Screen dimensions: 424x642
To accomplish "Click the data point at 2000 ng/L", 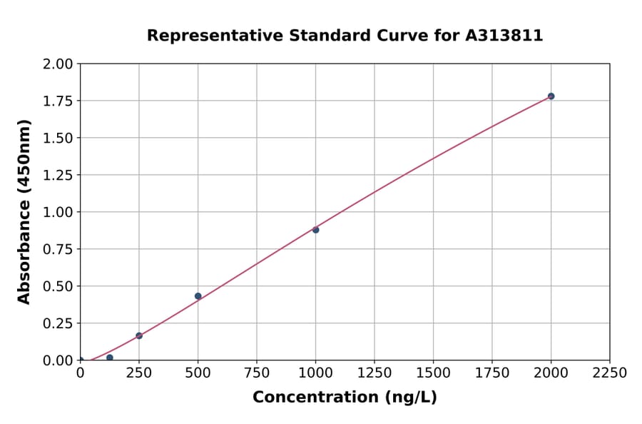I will [x=551, y=96].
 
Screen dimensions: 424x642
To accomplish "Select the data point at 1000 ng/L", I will [x=315, y=230].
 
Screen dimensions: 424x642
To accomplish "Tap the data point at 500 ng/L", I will [x=198, y=296].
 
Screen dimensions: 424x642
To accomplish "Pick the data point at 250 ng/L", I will [x=139, y=335].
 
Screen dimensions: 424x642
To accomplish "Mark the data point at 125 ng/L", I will [x=109, y=358].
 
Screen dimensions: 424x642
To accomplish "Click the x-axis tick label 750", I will [x=257, y=373].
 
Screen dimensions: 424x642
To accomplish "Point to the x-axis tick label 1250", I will [x=374, y=373].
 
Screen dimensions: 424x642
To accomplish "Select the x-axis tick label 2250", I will [x=610, y=373].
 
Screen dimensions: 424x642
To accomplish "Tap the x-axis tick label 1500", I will [x=433, y=373].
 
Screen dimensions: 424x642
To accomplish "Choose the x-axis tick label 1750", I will [x=492, y=373].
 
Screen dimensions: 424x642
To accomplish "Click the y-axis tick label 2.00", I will [x=58, y=64].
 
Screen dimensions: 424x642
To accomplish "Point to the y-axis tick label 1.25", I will [x=58, y=175].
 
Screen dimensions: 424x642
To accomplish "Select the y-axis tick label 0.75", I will [x=58, y=249].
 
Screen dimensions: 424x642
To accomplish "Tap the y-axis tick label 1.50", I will [x=58, y=138].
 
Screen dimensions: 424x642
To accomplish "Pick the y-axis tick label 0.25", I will [x=58, y=323].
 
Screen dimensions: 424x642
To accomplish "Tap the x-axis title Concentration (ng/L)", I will [x=345, y=398].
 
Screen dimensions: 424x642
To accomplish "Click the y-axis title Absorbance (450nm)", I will [x=25, y=212].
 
